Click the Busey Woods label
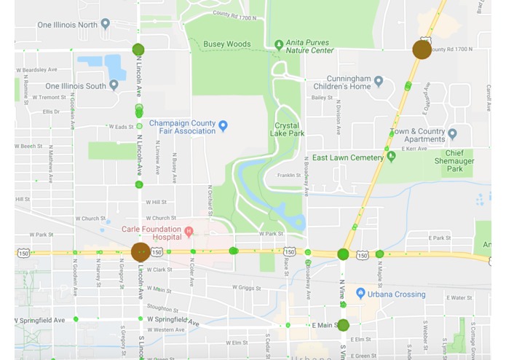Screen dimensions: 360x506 [x=226, y=44]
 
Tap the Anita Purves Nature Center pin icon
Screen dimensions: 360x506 [x=278, y=45]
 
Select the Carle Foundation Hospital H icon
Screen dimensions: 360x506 [x=189, y=232]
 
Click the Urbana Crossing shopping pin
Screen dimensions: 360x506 [x=360, y=294]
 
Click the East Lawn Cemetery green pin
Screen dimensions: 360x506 [x=392, y=157]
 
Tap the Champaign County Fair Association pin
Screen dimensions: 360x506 [x=223, y=126]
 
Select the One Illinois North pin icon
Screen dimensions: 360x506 [x=106, y=24]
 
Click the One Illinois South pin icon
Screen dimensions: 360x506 [x=114, y=85]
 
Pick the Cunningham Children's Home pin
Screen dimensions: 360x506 [x=378, y=81]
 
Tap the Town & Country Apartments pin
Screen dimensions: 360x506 [x=452, y=134]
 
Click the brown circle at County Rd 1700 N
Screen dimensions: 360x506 [x=422, y=50]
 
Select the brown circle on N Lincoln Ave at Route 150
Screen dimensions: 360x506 [x=141, y=252]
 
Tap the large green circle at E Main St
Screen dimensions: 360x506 [x=343, y=325]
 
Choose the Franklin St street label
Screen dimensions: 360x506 [x=289, y=175]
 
